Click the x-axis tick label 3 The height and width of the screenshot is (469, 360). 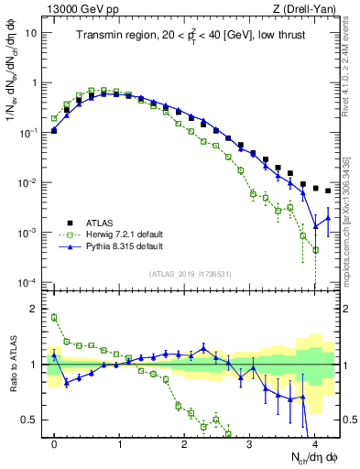(x=249, y=443)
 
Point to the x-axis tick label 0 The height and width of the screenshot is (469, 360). (x=54, y=443)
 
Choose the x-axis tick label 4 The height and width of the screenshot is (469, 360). (x=314, y=443)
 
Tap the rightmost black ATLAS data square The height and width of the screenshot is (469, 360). (x=328, y=191)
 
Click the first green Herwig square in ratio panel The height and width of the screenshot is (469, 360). (x=54, y=318)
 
